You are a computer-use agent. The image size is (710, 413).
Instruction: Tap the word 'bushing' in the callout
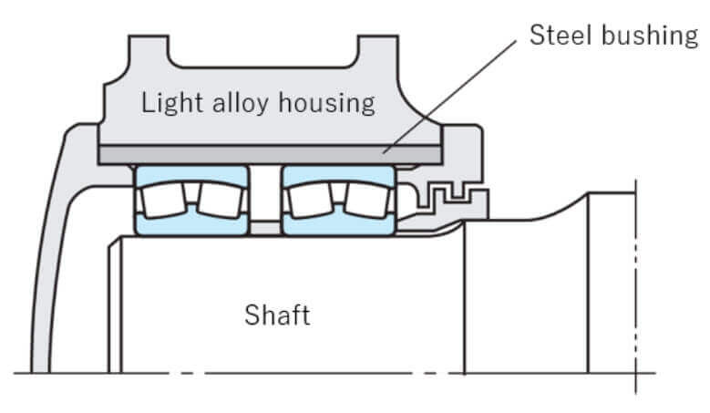click(650, 36)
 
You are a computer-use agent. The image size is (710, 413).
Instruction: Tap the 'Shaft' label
click(278, 315)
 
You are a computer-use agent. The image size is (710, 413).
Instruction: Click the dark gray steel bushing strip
click(270, 154)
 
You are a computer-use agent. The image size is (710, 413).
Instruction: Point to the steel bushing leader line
click(449, 97)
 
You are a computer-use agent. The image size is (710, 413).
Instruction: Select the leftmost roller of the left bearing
click(163, 200)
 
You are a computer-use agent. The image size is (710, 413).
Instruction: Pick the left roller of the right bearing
click(310, 200)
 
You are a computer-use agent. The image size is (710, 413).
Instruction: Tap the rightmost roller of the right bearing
click(367, 200)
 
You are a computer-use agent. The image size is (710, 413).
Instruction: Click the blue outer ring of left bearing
click(192, 174)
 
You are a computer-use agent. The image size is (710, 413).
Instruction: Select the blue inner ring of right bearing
click(339, 223)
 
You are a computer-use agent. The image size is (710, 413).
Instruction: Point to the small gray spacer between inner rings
click(265, 228)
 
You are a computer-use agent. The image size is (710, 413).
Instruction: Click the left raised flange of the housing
click(149, 51)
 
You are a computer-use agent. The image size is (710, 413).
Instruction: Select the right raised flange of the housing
click(378, 51)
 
